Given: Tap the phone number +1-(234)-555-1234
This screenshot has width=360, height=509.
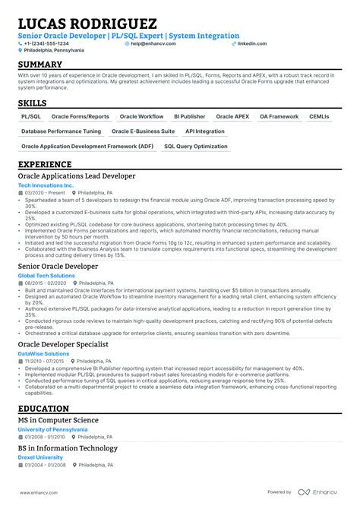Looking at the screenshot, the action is coord(47,43).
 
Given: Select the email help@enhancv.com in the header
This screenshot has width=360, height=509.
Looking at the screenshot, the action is coord(146,43).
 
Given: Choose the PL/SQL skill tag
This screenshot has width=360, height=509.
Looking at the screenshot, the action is coord(31,117).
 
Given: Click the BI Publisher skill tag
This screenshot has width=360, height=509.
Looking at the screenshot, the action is coord(189,117).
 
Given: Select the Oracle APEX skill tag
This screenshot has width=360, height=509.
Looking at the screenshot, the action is coord(232,117).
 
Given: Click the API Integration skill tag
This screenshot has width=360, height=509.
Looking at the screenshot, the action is coord(205,131).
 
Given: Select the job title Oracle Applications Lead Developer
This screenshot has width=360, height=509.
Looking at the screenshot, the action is coord(77,176).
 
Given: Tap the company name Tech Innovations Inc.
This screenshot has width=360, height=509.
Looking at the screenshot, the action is coord(46,185).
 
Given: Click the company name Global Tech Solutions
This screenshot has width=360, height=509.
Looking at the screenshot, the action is coord(47,274).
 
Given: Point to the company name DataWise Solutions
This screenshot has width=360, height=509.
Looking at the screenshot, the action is coord(43,354).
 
